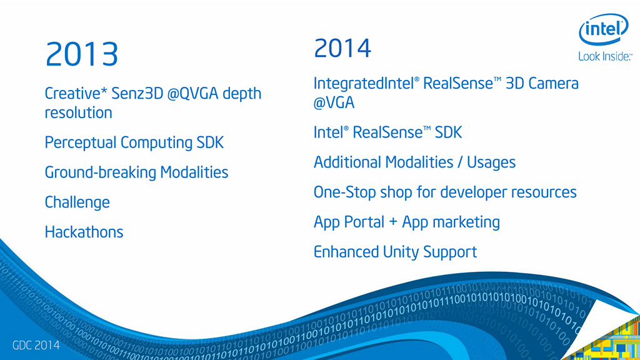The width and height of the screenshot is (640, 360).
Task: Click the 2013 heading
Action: click(82, 54)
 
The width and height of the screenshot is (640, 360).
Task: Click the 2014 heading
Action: click(342, 48)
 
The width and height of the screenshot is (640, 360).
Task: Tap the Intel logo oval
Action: click(604, 29)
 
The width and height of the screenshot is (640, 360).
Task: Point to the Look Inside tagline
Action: click(605, 57)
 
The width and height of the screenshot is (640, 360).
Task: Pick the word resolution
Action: click(78, 112)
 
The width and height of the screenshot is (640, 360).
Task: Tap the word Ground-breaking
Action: click(101, 172)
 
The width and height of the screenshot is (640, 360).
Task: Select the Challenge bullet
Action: click(77, 202)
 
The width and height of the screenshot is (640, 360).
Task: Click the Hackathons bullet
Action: click(84, 232)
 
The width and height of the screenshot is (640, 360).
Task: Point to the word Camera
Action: click(553, 83)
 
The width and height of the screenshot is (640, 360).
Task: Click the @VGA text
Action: click(334, 102)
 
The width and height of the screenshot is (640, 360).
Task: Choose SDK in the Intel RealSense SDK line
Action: click(448, 132)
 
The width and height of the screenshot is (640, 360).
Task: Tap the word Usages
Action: click(491, 162)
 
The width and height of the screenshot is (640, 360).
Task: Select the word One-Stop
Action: click(344, 192)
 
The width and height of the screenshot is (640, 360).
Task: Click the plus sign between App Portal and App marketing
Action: click(393, 222)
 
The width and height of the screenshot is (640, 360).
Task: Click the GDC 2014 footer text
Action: click(36, 345)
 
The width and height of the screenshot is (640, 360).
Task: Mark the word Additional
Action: click(347, 162)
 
